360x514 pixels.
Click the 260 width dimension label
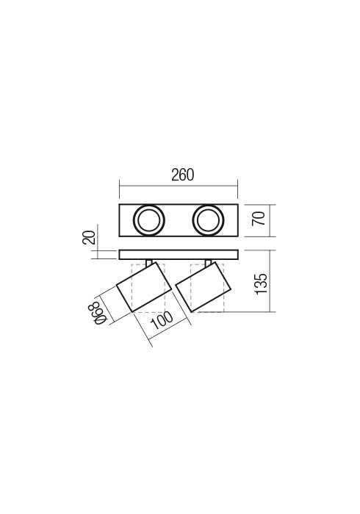pyautogui.click(x=183, y=175)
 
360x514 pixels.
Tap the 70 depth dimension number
pyautogui.click(x=259, y=219)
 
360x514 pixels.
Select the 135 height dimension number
pyautogui.click(x=262, y=283)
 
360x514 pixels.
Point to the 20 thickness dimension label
pyautogui.click(x=88, y=238)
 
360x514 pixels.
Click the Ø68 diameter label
pyautogui.click(x=96, y=314)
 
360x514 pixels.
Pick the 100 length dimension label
pyautogui.click(x=162, y=321)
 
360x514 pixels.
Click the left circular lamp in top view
pyautogui.click(x=149, y=220)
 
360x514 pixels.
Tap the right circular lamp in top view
pyautogui.click(x=208, y=220)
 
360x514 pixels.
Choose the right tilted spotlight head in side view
pyautogui.click(x=204, y=287)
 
